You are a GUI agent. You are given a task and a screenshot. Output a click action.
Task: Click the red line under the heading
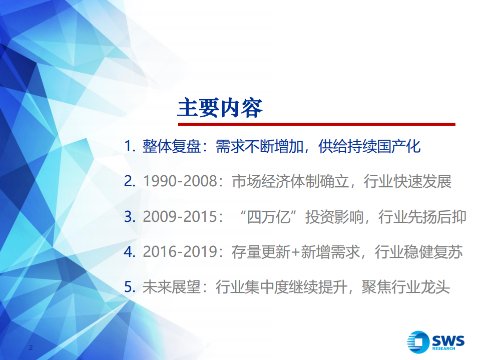tap(316, 124)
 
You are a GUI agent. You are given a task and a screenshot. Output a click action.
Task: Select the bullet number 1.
tap(130, 147)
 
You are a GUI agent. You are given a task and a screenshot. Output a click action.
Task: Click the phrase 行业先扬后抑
tap(422, 217)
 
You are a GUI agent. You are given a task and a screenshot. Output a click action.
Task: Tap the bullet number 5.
tap(130, 287)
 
